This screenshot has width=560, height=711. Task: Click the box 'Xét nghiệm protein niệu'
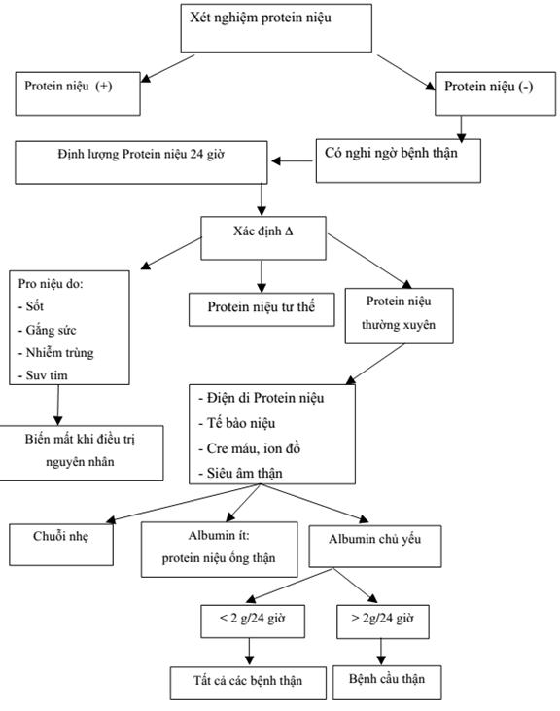point(276,28)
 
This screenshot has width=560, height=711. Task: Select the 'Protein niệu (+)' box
point(78,93)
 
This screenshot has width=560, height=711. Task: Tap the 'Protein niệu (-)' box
point(495,93)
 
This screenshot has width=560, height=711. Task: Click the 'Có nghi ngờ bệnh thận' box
point(399,161)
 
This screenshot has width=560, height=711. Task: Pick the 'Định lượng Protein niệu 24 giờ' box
point(141,162)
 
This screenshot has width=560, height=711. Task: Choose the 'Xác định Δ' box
point(263,238)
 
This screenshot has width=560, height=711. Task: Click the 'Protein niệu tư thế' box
point(262,309)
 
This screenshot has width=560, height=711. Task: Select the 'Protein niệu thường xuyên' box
point(399,315)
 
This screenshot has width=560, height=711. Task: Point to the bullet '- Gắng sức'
point(47,330)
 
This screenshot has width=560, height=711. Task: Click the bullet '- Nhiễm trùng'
point(55,353)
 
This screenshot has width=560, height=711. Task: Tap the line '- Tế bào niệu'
point(236,423)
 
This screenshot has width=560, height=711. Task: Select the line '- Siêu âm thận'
point(240,473)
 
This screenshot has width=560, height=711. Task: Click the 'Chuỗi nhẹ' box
point(61,545)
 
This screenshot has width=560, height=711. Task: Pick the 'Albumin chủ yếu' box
point(375,547)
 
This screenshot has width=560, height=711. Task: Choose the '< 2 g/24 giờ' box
point(253,622)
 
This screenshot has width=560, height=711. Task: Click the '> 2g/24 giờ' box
point(383,622)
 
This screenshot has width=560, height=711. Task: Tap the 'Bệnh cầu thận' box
point(387,683)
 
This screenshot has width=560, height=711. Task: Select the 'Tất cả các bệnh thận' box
point(248,683)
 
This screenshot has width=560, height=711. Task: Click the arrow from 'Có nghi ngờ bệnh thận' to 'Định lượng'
point(293,161)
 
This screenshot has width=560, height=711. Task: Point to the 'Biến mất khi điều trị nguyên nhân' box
point(80,453)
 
